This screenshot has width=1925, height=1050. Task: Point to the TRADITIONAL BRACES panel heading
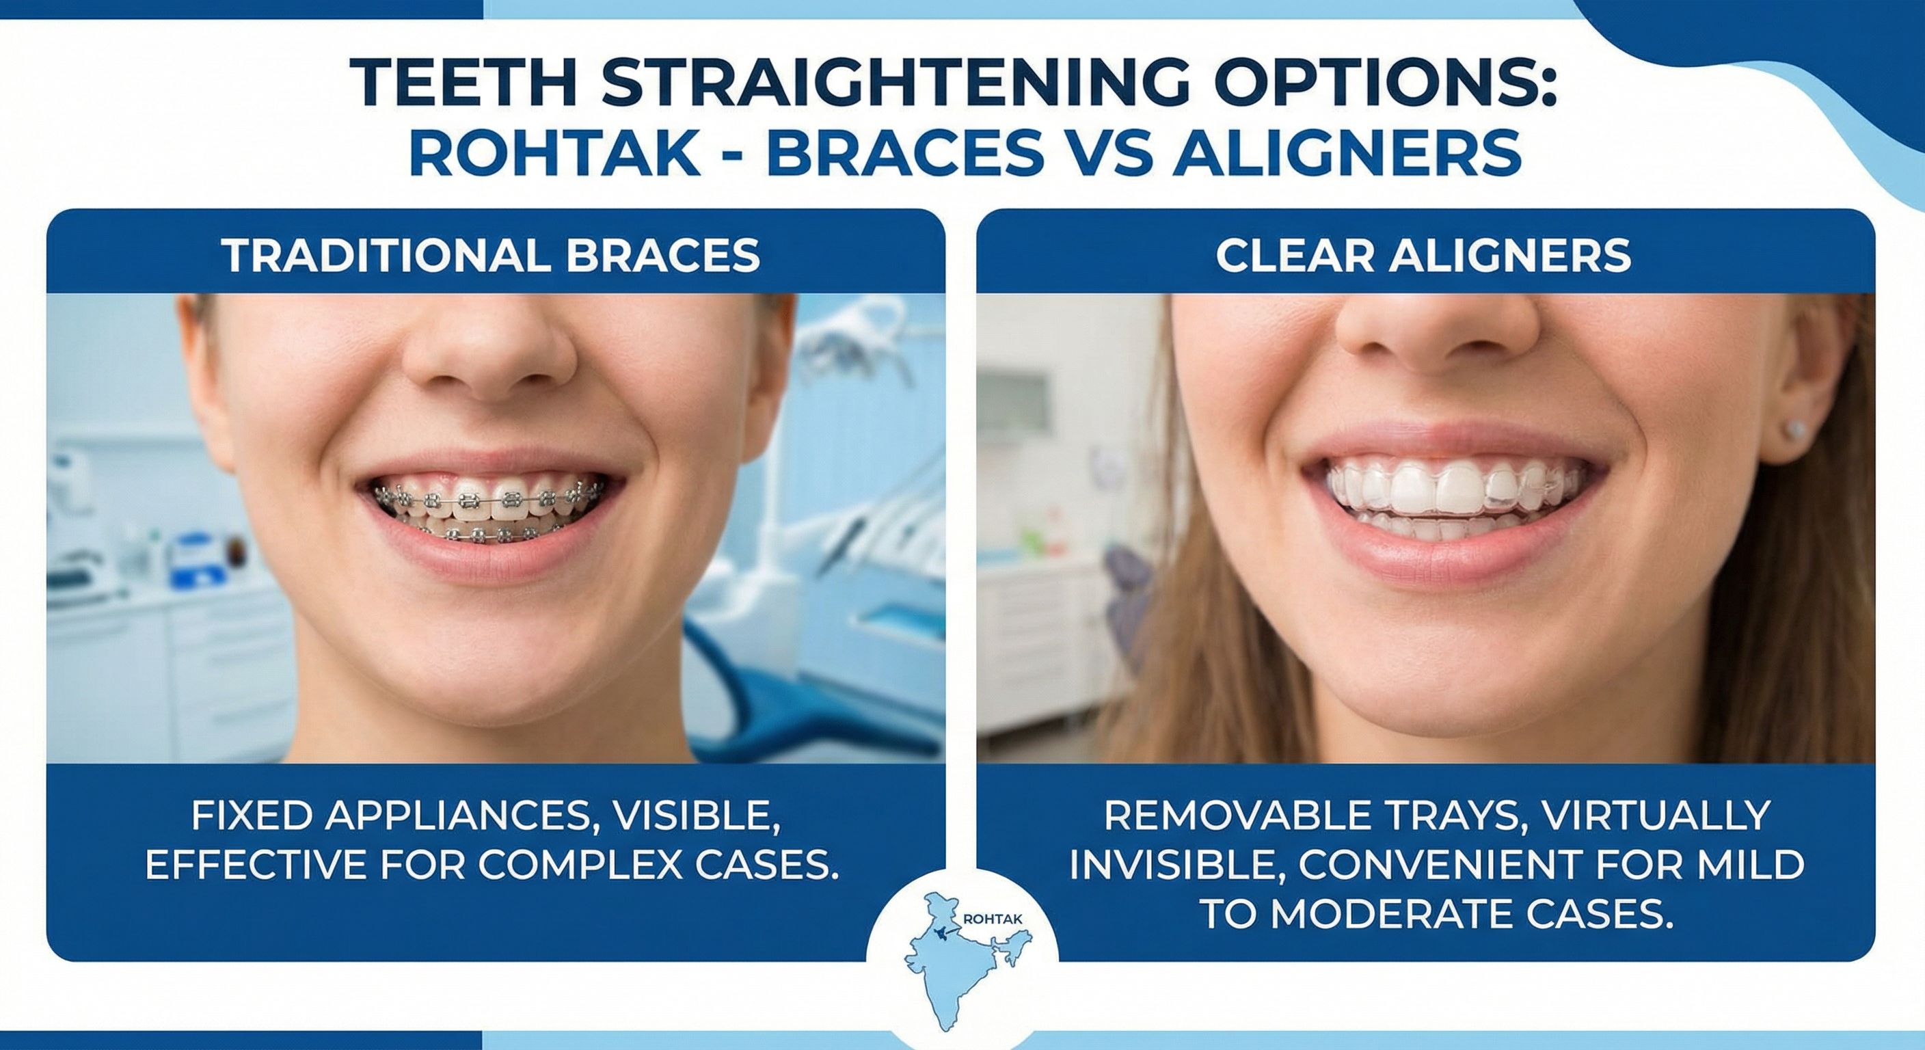point(491,256)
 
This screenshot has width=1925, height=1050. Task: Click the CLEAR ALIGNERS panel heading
point(1423,256)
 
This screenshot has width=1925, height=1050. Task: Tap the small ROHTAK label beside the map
point(993,919)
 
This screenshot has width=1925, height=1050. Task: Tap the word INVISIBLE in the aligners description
point(1176,865)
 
